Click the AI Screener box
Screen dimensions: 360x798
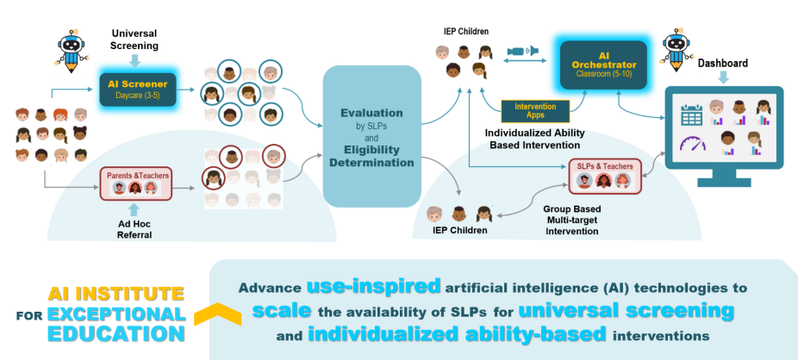click(x=137, y=88)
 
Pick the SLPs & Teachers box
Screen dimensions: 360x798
click(x=605, y=176)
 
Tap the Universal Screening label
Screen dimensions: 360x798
click(x=135, y=38)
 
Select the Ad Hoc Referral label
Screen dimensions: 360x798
click(x=134, y=229)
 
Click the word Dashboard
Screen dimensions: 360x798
click(x=722, y=63)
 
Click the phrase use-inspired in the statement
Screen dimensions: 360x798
click(x=372, y=286)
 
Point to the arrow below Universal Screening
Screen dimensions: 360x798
click(x=134, y=60)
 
